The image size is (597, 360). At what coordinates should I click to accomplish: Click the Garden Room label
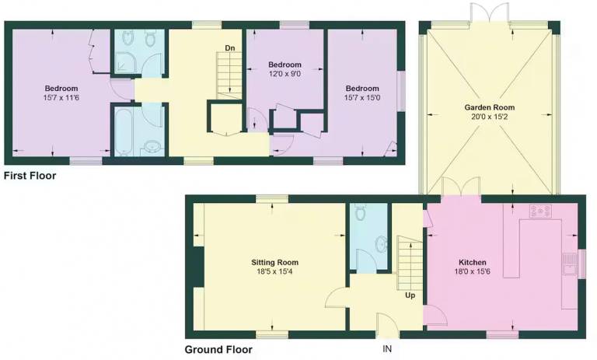(x=489, y=107)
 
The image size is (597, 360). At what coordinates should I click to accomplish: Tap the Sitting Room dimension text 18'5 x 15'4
(x=274, y=271)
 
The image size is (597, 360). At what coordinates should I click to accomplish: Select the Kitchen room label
(x=472, y=262)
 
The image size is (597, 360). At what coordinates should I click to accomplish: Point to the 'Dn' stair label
(x=230, y=48)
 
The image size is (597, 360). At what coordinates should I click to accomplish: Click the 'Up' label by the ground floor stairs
(x=410, y=295)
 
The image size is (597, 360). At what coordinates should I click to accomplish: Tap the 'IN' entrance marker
(x=387, y=348)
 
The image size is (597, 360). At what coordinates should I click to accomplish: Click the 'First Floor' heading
(x=30, y=176)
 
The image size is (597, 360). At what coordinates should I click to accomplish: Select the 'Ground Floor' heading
(x=218, y=349)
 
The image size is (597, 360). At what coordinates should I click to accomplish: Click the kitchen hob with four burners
(x=540, y=211)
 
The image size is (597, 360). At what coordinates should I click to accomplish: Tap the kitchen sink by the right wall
(x=570, y=264)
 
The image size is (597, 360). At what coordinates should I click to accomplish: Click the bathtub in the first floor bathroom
(x=123, y=131)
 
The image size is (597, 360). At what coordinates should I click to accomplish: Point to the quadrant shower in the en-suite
(x=125, y=63)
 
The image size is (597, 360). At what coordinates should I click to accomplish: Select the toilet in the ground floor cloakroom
(x=360, y=211)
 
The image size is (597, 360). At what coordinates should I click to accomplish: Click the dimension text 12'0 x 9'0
(x=285, y=74)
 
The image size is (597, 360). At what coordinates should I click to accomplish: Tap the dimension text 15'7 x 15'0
(x=362, y=97)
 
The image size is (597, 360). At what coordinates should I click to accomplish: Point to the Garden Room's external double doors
(x=489, y=12)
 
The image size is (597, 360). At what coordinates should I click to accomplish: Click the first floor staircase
(x=229, y=75)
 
